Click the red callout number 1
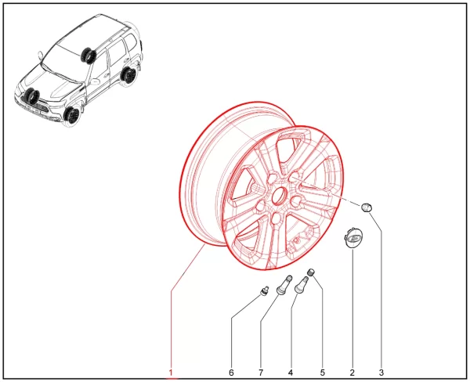171,373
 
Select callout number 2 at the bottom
352,373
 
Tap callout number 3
381,373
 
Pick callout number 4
290,373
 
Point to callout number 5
322,373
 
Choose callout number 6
231,373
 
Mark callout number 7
261,373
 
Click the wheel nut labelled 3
367,207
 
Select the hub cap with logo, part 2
352,238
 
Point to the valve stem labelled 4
302,285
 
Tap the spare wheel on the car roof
88,56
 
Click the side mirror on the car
40,56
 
